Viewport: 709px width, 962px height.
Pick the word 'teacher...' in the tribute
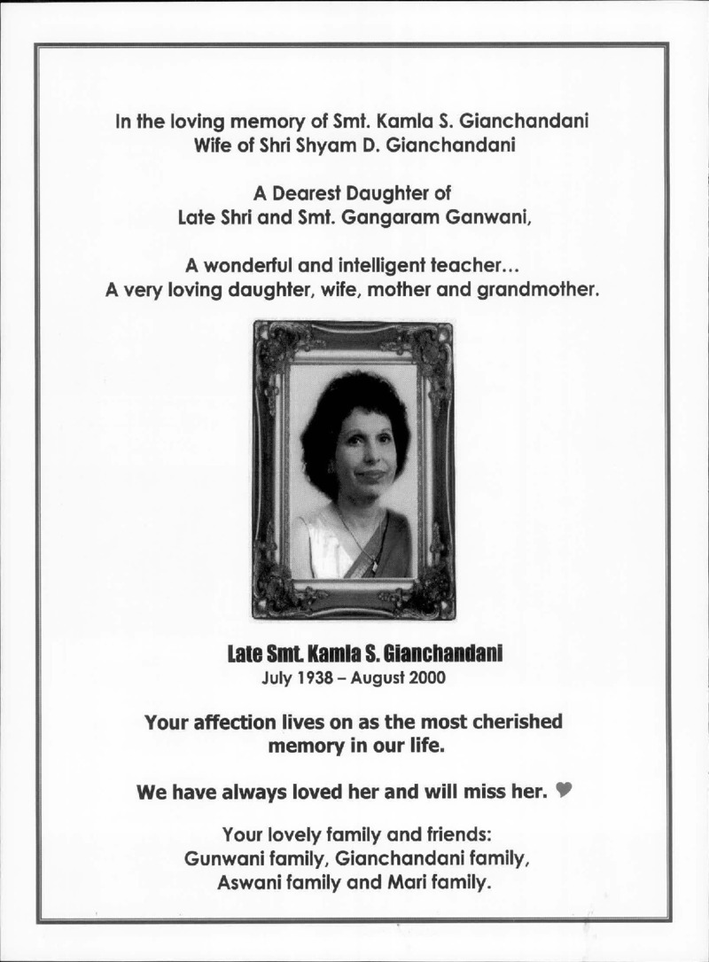click(479, 264)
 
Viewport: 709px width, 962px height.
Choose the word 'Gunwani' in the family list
click(221, 858)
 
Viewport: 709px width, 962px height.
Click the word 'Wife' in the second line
click(213, 145)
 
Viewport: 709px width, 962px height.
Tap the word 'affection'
click(235, 722)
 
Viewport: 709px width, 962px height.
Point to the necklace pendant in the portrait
click(372, 559)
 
